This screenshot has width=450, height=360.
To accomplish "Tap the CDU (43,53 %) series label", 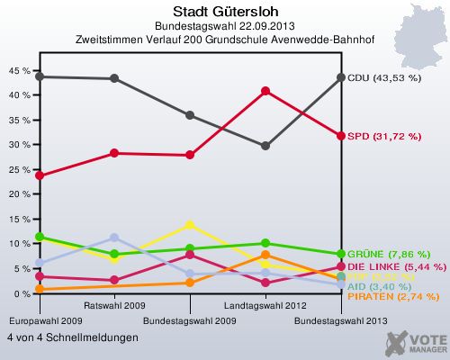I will coord(384,78).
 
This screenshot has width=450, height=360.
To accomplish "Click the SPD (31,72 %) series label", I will coord(384,136).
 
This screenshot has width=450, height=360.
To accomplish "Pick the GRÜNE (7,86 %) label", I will coord(388,254).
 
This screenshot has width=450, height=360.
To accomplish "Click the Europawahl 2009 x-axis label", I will coord(40,320).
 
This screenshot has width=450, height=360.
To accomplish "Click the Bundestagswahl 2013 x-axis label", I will coord(341,320).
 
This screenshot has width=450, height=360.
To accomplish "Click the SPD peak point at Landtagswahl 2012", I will coord(265,91).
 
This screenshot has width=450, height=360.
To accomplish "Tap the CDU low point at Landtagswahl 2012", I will coord(265,146).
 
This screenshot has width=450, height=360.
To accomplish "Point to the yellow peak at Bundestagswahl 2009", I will coord(190,224).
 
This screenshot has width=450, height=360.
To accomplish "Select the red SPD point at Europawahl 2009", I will coord(40,175).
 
